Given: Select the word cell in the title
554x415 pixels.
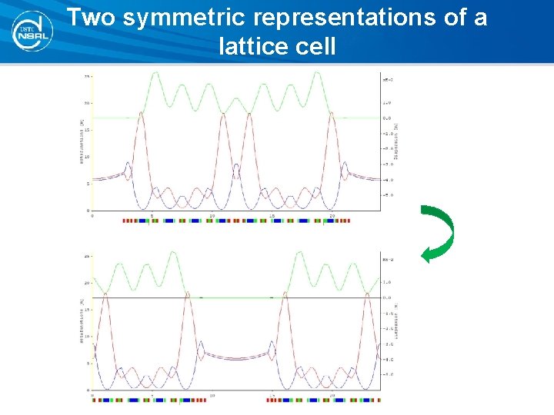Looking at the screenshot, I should click(x=313, y=47).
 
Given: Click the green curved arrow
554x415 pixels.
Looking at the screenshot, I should click(x=439, y=234).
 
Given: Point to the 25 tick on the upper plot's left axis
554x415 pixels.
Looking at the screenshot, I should click(x=88, y=76).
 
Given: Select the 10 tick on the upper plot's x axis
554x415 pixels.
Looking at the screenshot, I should click(x=212, y=216).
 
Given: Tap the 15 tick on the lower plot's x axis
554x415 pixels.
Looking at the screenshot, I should click(x=272, y=396).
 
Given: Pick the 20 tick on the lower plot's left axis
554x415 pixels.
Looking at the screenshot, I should click(x=88, y=283).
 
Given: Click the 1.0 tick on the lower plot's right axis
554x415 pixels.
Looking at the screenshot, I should click(x=388, y=282).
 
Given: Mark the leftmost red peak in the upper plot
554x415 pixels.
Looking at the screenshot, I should click(x=141, y=112).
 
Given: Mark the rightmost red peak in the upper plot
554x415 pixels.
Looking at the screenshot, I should click(x=332, y=112).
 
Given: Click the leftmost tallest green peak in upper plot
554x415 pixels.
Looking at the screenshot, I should click(x=155, y=73).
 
